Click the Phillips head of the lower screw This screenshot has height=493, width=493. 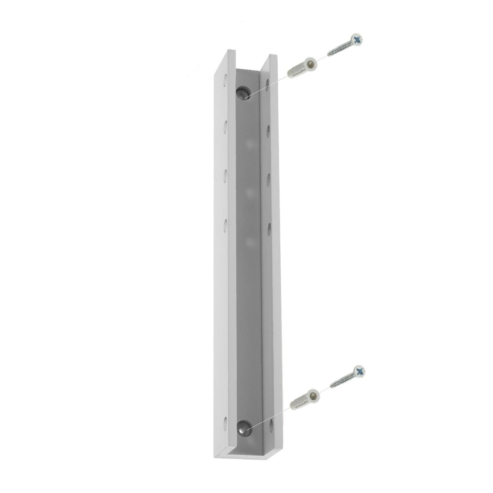point(359,371)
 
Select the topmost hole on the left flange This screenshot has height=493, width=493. point(225,81)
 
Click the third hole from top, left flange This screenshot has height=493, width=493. point(226,175)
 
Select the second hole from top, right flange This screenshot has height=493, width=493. point(268,130)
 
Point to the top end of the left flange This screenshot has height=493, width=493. point(231,52)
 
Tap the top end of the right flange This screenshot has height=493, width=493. point(273,56)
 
